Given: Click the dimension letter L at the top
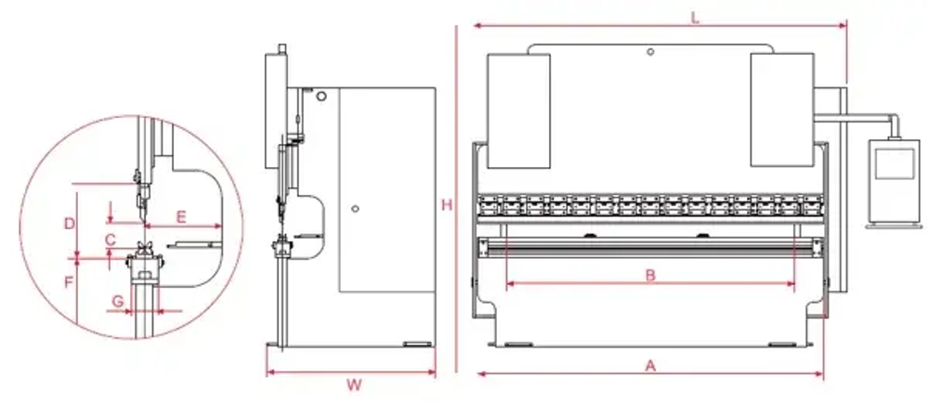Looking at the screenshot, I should pyautogui.click(x=695, y=16).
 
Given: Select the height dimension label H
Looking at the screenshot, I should pyautogui.click(x=447, y=205).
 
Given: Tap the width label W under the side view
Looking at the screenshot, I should pyautogui.click(x=353, y=383).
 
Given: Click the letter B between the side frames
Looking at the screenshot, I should pyautogui.click(x=651, y=275).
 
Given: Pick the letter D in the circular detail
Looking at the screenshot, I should pyautogui.click(x=68, y=224).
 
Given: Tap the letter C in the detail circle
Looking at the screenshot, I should pyautogui.click(x=110, y=240).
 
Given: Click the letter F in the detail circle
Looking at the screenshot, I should pyautogui.click(x=69, y=279).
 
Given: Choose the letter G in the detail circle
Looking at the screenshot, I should pyautogui.click(x=117, y=301).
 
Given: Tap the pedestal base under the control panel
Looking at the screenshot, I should pyautogui.click(x=889, y=223).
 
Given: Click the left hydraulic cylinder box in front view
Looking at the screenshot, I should pyautogui.click(x=518, y=110).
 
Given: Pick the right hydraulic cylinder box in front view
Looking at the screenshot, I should pyautogui.click(x=781, y=110).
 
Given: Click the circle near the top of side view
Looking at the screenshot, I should pyautogui.click(x=321, y=96).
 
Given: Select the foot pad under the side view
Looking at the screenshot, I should pyautogui.click(x=417, y=345).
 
